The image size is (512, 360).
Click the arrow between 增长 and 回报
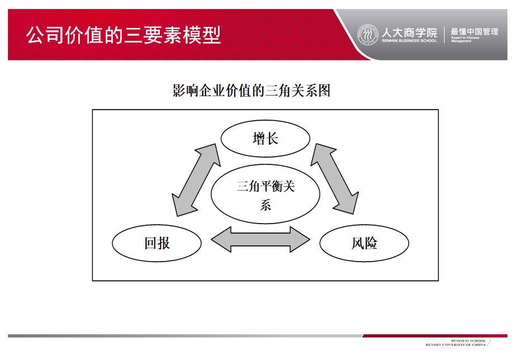[196, 180]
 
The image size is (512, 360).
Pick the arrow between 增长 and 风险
[335, 179]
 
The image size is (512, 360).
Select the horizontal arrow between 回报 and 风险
[260, 239]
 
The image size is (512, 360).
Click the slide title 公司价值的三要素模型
[124, 35]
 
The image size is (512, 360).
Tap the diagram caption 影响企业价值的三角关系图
[252, 91]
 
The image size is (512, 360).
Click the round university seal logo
[368, 34]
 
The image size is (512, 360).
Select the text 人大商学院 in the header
[410, 32]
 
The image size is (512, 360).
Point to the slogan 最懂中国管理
[475, 31]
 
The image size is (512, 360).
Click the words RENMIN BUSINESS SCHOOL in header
[410, 41]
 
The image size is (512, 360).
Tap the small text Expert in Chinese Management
[465, 39]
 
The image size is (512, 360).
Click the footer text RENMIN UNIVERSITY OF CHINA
[456, 345]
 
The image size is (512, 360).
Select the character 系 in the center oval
[265, 206]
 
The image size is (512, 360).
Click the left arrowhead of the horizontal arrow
[221, 239]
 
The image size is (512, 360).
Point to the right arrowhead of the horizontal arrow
[300, 239]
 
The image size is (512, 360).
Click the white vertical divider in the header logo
[444, 35]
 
